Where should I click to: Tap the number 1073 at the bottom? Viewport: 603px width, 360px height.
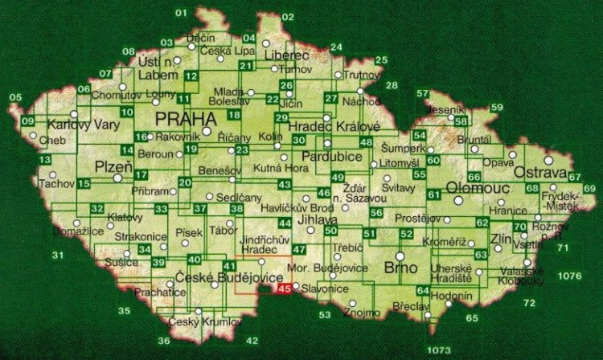point(440,350)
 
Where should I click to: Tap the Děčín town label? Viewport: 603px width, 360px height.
point(200,38)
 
